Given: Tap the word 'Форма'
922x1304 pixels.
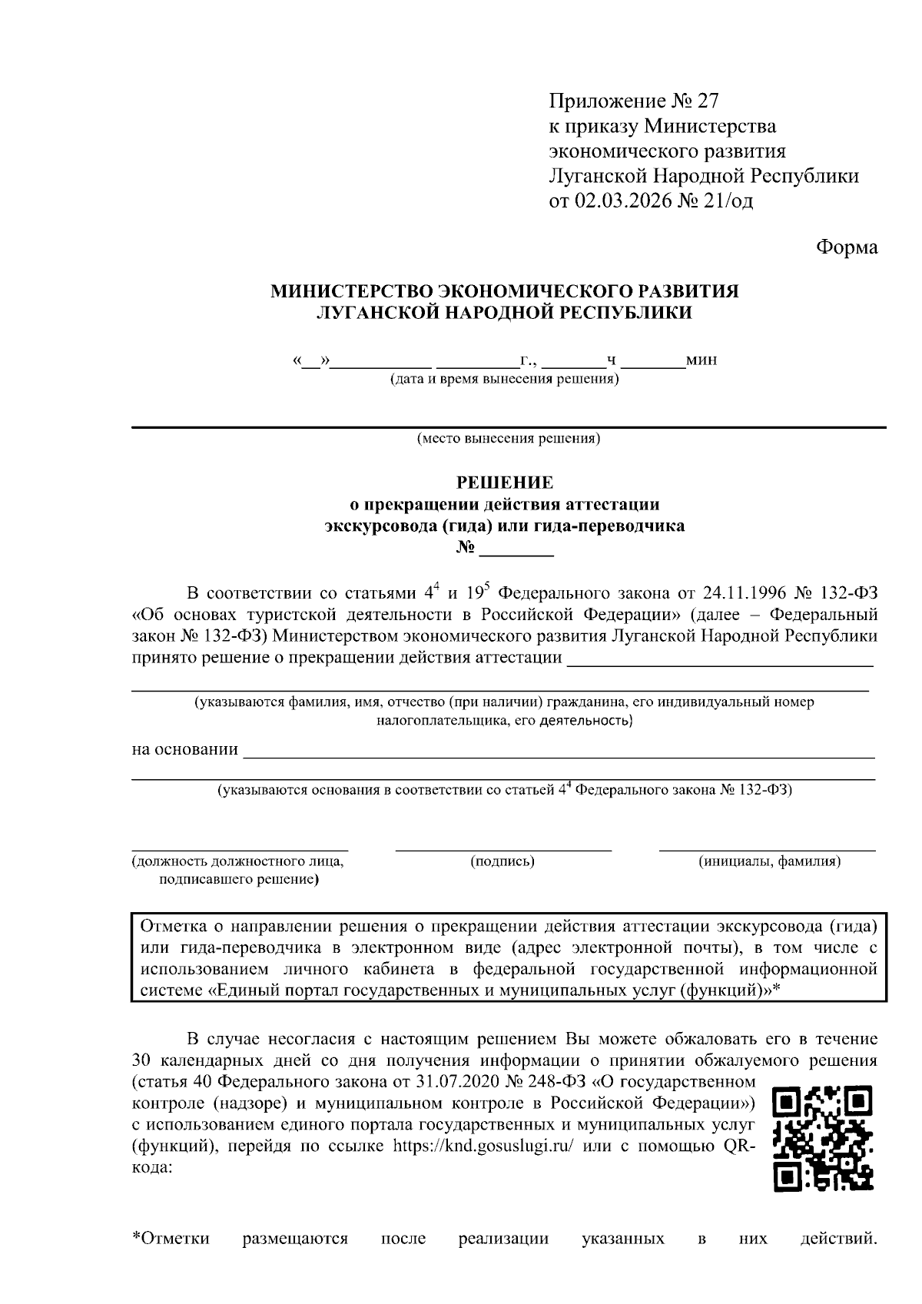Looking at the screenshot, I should pos(846,247).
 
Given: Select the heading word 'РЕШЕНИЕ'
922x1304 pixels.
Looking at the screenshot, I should pos(505,483).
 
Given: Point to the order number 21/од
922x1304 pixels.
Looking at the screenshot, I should pos(728,201).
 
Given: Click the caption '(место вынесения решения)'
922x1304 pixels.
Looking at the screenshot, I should pos(508,440).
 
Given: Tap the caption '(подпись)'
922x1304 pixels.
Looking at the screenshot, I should pos(502,861).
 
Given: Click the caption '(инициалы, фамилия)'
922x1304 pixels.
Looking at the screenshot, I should pos(768,861).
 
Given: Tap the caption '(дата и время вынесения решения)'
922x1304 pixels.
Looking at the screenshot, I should pos(504,380).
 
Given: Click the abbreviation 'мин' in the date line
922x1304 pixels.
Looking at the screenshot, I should pos(702,360).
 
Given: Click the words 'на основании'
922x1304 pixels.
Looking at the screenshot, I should pos(184,749).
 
